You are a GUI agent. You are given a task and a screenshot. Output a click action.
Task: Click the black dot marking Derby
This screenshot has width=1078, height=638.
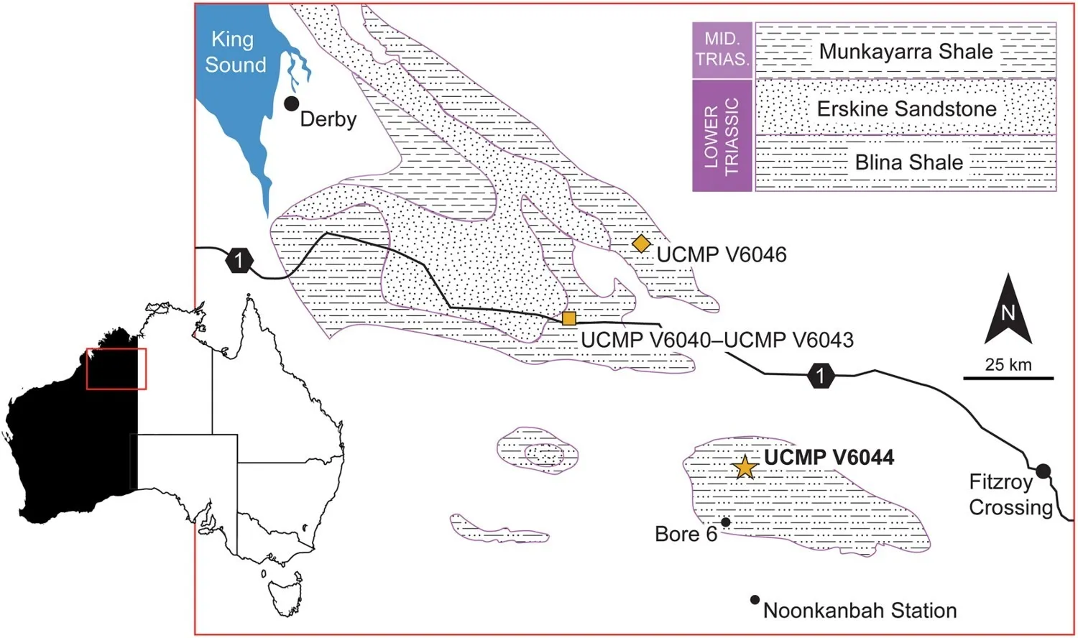(x=291, y=103)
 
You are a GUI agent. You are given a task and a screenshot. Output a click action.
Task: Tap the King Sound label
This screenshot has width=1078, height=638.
(x=235, y=52)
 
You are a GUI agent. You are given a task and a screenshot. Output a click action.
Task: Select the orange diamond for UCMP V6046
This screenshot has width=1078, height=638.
(x=641, y=244)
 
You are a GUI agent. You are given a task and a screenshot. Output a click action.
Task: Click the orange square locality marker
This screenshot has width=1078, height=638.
(x=569, y=318)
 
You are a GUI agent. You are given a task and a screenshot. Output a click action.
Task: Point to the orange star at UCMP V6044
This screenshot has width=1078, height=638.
(x=745, y=466)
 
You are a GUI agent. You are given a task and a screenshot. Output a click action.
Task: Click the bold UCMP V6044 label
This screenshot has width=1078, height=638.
(x=829, y=457)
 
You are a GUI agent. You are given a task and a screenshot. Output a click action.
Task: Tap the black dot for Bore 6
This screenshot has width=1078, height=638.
(x=726, y=522)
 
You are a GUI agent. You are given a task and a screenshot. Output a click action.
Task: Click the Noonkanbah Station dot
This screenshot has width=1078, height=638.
(x=755, y=599)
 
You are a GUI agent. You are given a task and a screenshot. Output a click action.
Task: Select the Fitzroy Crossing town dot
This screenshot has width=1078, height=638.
(x=1043, y=471)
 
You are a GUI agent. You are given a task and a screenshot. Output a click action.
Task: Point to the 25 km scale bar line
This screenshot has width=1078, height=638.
(x=1008, y=378)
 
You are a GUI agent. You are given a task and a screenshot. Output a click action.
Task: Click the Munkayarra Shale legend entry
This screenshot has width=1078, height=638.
(x=906, y=50)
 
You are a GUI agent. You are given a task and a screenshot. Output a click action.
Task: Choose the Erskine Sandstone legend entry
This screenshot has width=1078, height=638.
(x=906, y=108)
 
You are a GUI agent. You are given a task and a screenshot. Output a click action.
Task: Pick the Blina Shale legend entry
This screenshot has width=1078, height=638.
(x=906, y=163)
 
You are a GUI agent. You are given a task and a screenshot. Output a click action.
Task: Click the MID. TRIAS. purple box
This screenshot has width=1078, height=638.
(x=722, y=50)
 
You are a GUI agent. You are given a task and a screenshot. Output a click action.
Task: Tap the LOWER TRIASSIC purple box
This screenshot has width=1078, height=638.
(x=722, y=136)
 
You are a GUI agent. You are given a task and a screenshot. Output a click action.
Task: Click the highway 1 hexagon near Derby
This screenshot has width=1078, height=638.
(x=239, y=262)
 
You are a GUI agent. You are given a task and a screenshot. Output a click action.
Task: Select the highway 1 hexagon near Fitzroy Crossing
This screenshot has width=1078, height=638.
(x=821, y=375)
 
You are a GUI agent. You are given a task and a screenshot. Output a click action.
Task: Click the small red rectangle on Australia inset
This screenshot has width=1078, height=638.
(x=116, y=369)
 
